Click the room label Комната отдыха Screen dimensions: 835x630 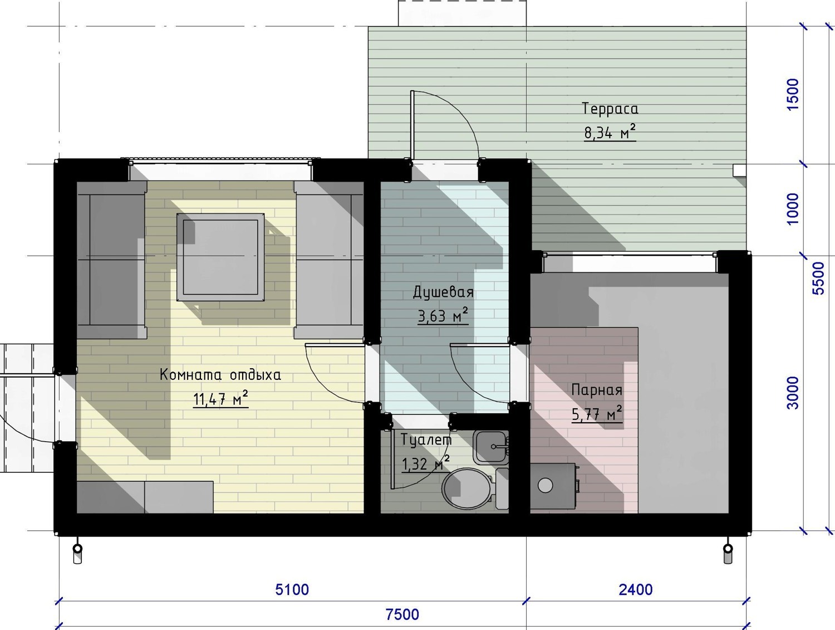click(x=220, y=375)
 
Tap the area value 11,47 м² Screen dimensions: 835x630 click(x=220, y=399)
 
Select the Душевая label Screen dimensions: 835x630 click(x=444, y=292)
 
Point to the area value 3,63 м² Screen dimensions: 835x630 click(x=443, y=316)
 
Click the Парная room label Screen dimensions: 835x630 click(x=597, y=390)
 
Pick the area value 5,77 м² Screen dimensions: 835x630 click(x=597, y=413)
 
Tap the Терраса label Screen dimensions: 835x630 click(x=610, y=109)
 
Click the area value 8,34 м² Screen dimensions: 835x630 click(x=610, y=132)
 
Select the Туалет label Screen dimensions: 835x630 click(x=426, y=440)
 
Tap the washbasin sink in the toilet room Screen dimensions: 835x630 click(x=491, y=447)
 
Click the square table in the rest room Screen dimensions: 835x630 click(x=220, y=257)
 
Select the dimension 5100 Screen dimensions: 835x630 click(x=292, y=590)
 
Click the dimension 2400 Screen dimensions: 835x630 click(x=636, y=590)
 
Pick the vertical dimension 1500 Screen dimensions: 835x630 click(x=793, y=95)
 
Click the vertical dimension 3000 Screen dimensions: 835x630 click(x=793, y=393)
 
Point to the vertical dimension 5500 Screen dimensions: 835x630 click(x=818, y=279)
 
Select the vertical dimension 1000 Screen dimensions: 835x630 click(x=793, y=209)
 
